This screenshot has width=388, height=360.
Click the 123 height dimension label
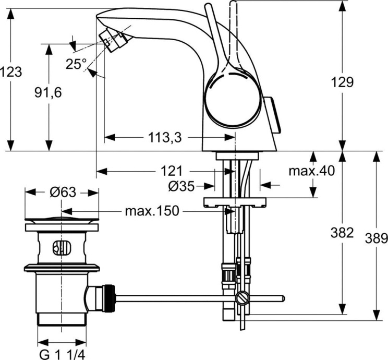click(11, 72)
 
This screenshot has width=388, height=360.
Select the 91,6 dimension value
click(47, 92)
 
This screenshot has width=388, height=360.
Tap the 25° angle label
click(76, 64)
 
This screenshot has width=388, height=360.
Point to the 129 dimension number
click(343, 82)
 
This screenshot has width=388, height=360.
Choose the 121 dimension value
click(171, 171)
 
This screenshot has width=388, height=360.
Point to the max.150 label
click(152, 211)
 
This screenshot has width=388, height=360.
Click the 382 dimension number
click(343, 233)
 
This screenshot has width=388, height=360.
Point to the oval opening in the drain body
click(62, 248)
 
